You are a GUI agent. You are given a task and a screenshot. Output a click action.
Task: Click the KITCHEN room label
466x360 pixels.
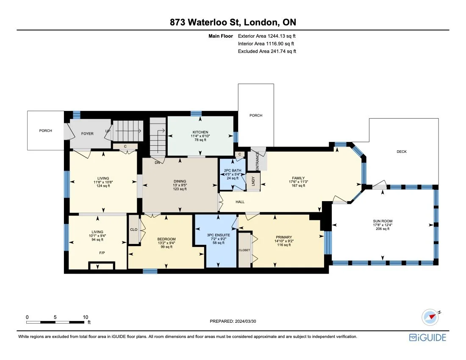(x=200, y=132)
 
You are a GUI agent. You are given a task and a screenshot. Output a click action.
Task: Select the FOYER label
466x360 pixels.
(x=87, y=133)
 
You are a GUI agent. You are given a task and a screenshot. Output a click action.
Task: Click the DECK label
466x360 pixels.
(x=401, y=152)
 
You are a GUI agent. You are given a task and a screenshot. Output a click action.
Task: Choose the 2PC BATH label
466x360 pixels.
(x=232, y=170)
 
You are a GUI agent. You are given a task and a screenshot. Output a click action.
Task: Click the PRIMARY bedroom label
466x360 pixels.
(x=283, y=237)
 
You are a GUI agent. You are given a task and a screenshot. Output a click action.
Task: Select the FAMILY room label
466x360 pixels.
(x=298, y=178)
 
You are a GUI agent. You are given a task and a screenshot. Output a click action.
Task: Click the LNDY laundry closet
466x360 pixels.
(x=253, y=181)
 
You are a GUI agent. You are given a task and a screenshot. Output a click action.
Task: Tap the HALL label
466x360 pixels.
(x=240, y=202)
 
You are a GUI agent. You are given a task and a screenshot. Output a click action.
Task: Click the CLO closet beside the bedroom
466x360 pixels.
(x=134, y=230)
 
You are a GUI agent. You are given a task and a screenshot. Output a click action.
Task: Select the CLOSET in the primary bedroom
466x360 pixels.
(x=244, y=250)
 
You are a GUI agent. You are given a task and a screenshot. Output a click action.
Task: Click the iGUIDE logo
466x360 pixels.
(x=427, y=337)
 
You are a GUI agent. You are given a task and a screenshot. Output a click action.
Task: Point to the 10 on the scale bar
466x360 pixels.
(x=85, y=317)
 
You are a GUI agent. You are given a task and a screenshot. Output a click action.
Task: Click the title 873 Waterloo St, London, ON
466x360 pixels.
(x=233, y=22)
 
